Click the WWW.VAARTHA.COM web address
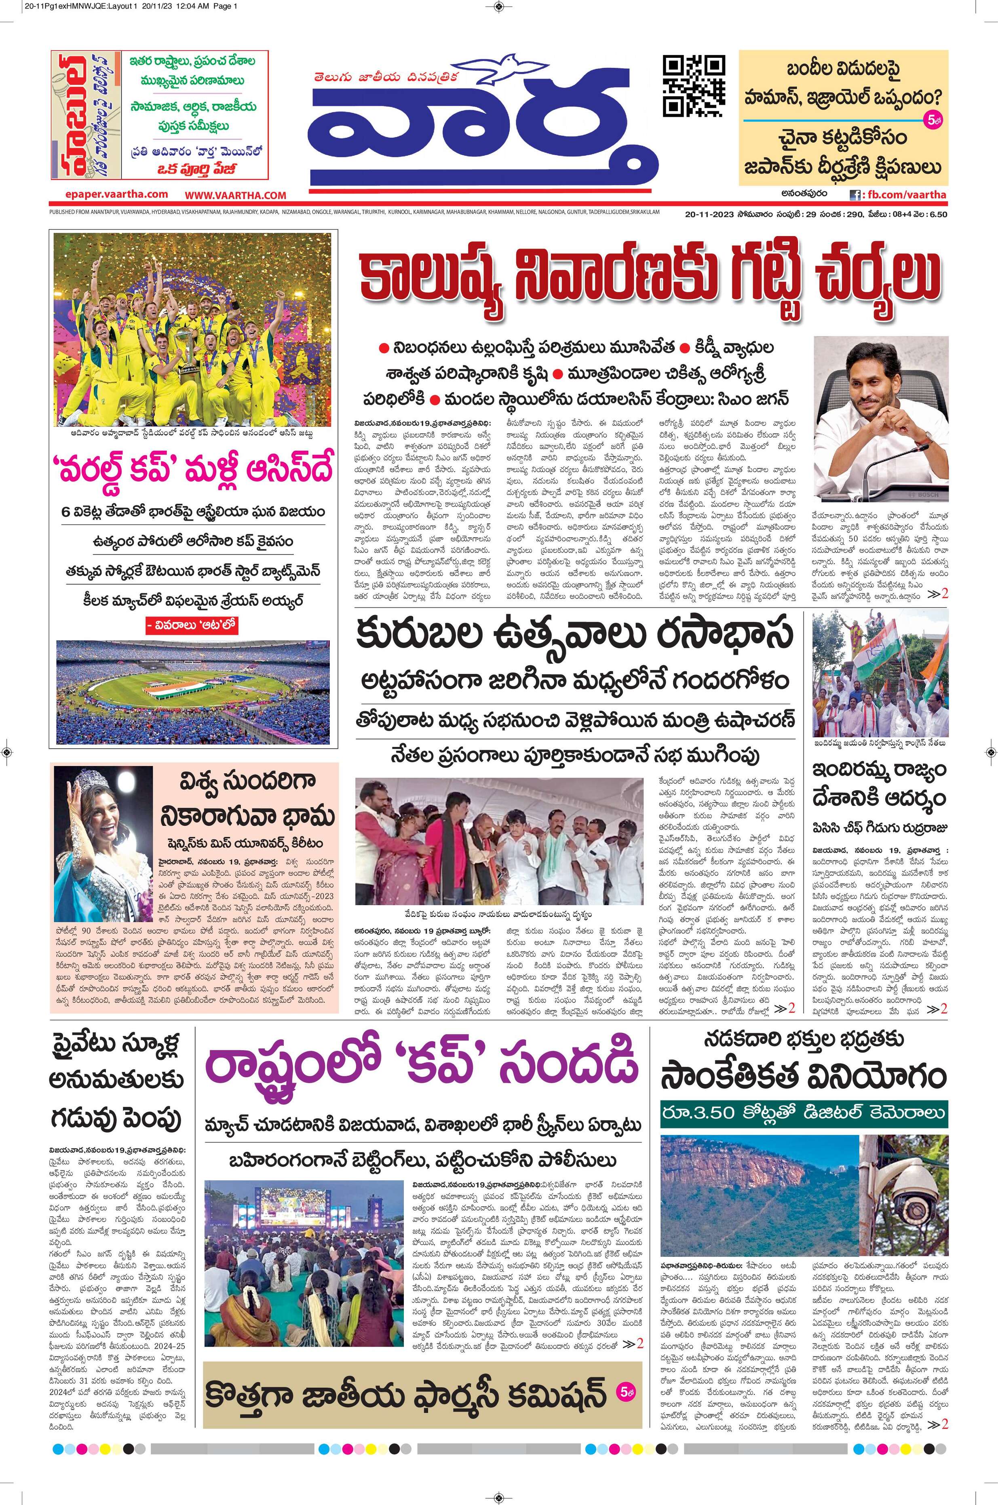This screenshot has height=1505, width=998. (x=236, y=195)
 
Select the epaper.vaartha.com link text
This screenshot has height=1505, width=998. (x=116, y=194)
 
